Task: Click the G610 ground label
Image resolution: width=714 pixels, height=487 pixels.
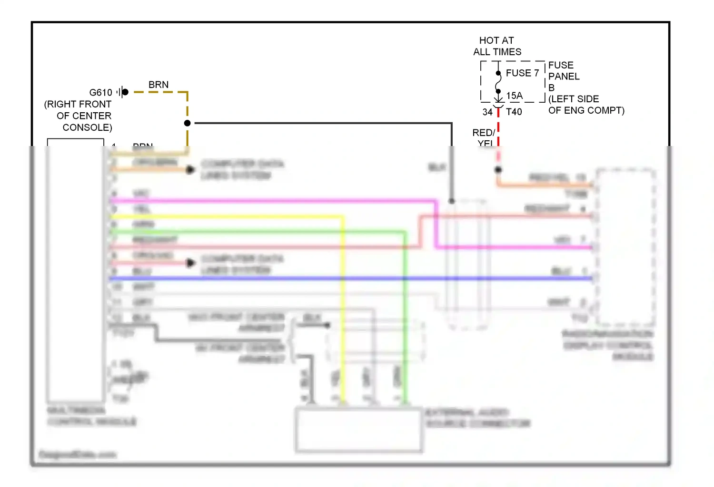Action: coord(100,92)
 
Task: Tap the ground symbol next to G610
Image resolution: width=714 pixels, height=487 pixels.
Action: coord(122,92)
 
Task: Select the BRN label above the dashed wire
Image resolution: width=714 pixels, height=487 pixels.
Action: coord(159,85)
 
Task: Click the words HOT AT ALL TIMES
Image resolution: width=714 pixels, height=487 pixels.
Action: coord(497,46)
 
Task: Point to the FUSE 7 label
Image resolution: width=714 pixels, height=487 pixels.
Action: coord(522,73)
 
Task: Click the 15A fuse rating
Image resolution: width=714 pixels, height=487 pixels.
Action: coord(514,96)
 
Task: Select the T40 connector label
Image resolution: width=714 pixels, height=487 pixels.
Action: coord(514,112)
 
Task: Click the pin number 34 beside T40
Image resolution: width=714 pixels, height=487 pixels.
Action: coord(487,112)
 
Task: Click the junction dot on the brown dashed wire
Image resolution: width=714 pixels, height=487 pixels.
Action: coord(188,123)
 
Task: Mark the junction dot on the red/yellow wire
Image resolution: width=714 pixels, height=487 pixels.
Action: coord(498,170)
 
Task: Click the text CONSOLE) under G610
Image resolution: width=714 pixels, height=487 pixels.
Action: coord(87,127)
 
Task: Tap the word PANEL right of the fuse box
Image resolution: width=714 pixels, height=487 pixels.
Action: coord(564,76)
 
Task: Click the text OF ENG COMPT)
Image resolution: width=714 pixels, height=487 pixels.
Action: coord(586,110)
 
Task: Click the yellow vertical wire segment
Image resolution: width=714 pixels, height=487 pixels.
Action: coord(343,309)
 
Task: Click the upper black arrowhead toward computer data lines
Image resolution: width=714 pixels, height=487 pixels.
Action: coord(190,170)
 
